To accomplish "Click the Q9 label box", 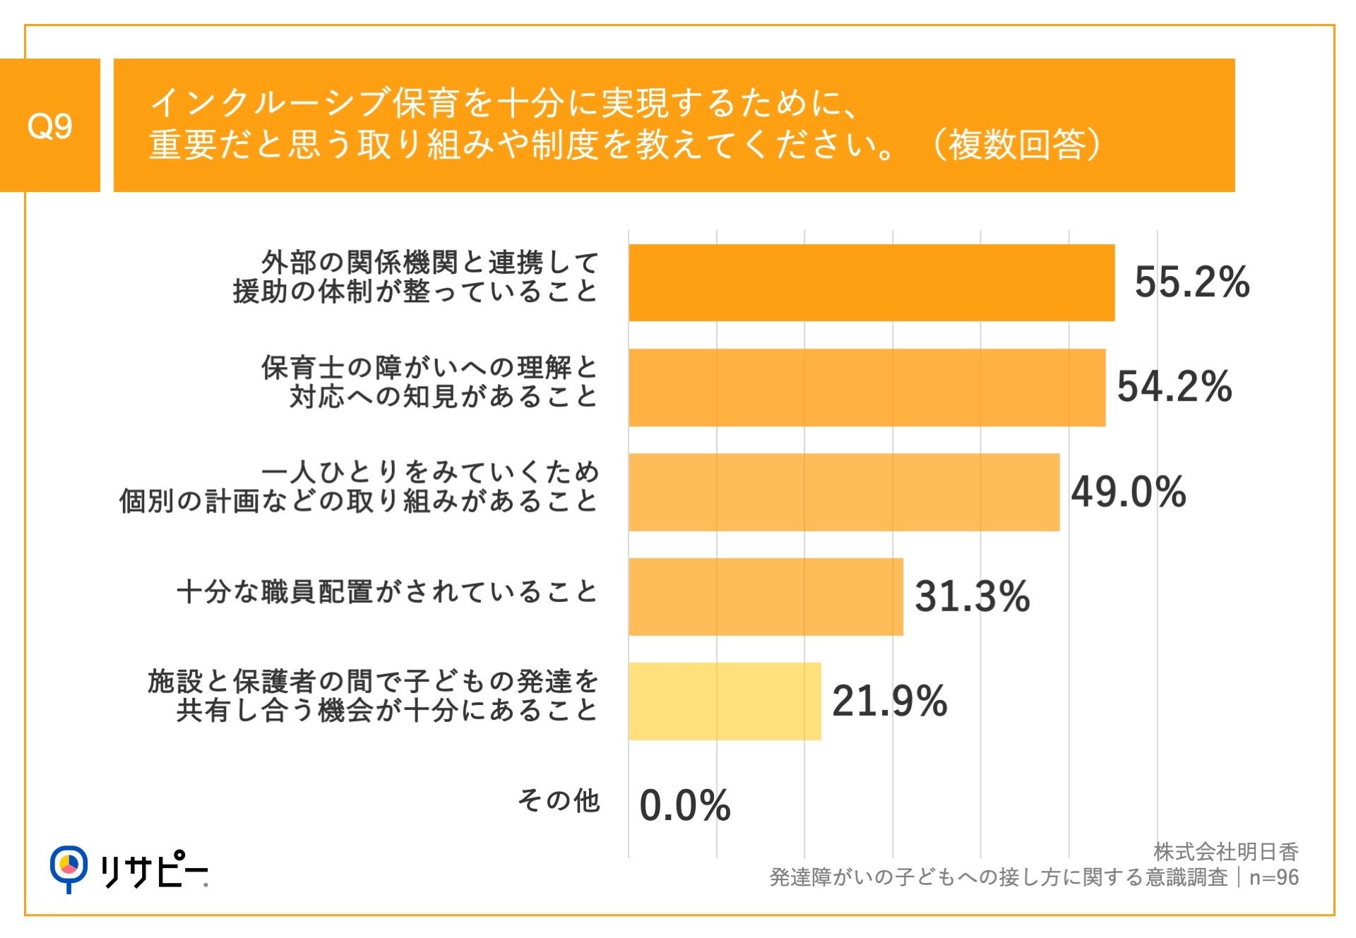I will pos(49,126).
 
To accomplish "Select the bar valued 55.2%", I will pos(871,283).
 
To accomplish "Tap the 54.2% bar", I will pos(867,387).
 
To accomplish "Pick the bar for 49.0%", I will pos(843,492).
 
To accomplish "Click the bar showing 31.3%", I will pos(766,596).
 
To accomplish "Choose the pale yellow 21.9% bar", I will pos(725,701).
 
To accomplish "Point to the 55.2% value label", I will pos(1191,282).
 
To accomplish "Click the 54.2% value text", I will pos(1174,387).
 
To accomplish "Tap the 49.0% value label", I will pos(1128,492).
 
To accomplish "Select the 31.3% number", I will pos(972,596).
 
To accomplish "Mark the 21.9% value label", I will pos(889,701).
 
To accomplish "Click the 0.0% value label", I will pos(684,805).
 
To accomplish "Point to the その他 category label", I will pos(558,801).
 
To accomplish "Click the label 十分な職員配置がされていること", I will pos(387,591).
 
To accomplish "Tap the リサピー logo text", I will pos(153,871).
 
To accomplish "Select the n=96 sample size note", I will pos(1273,877).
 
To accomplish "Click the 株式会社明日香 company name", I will pos(1226,852).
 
